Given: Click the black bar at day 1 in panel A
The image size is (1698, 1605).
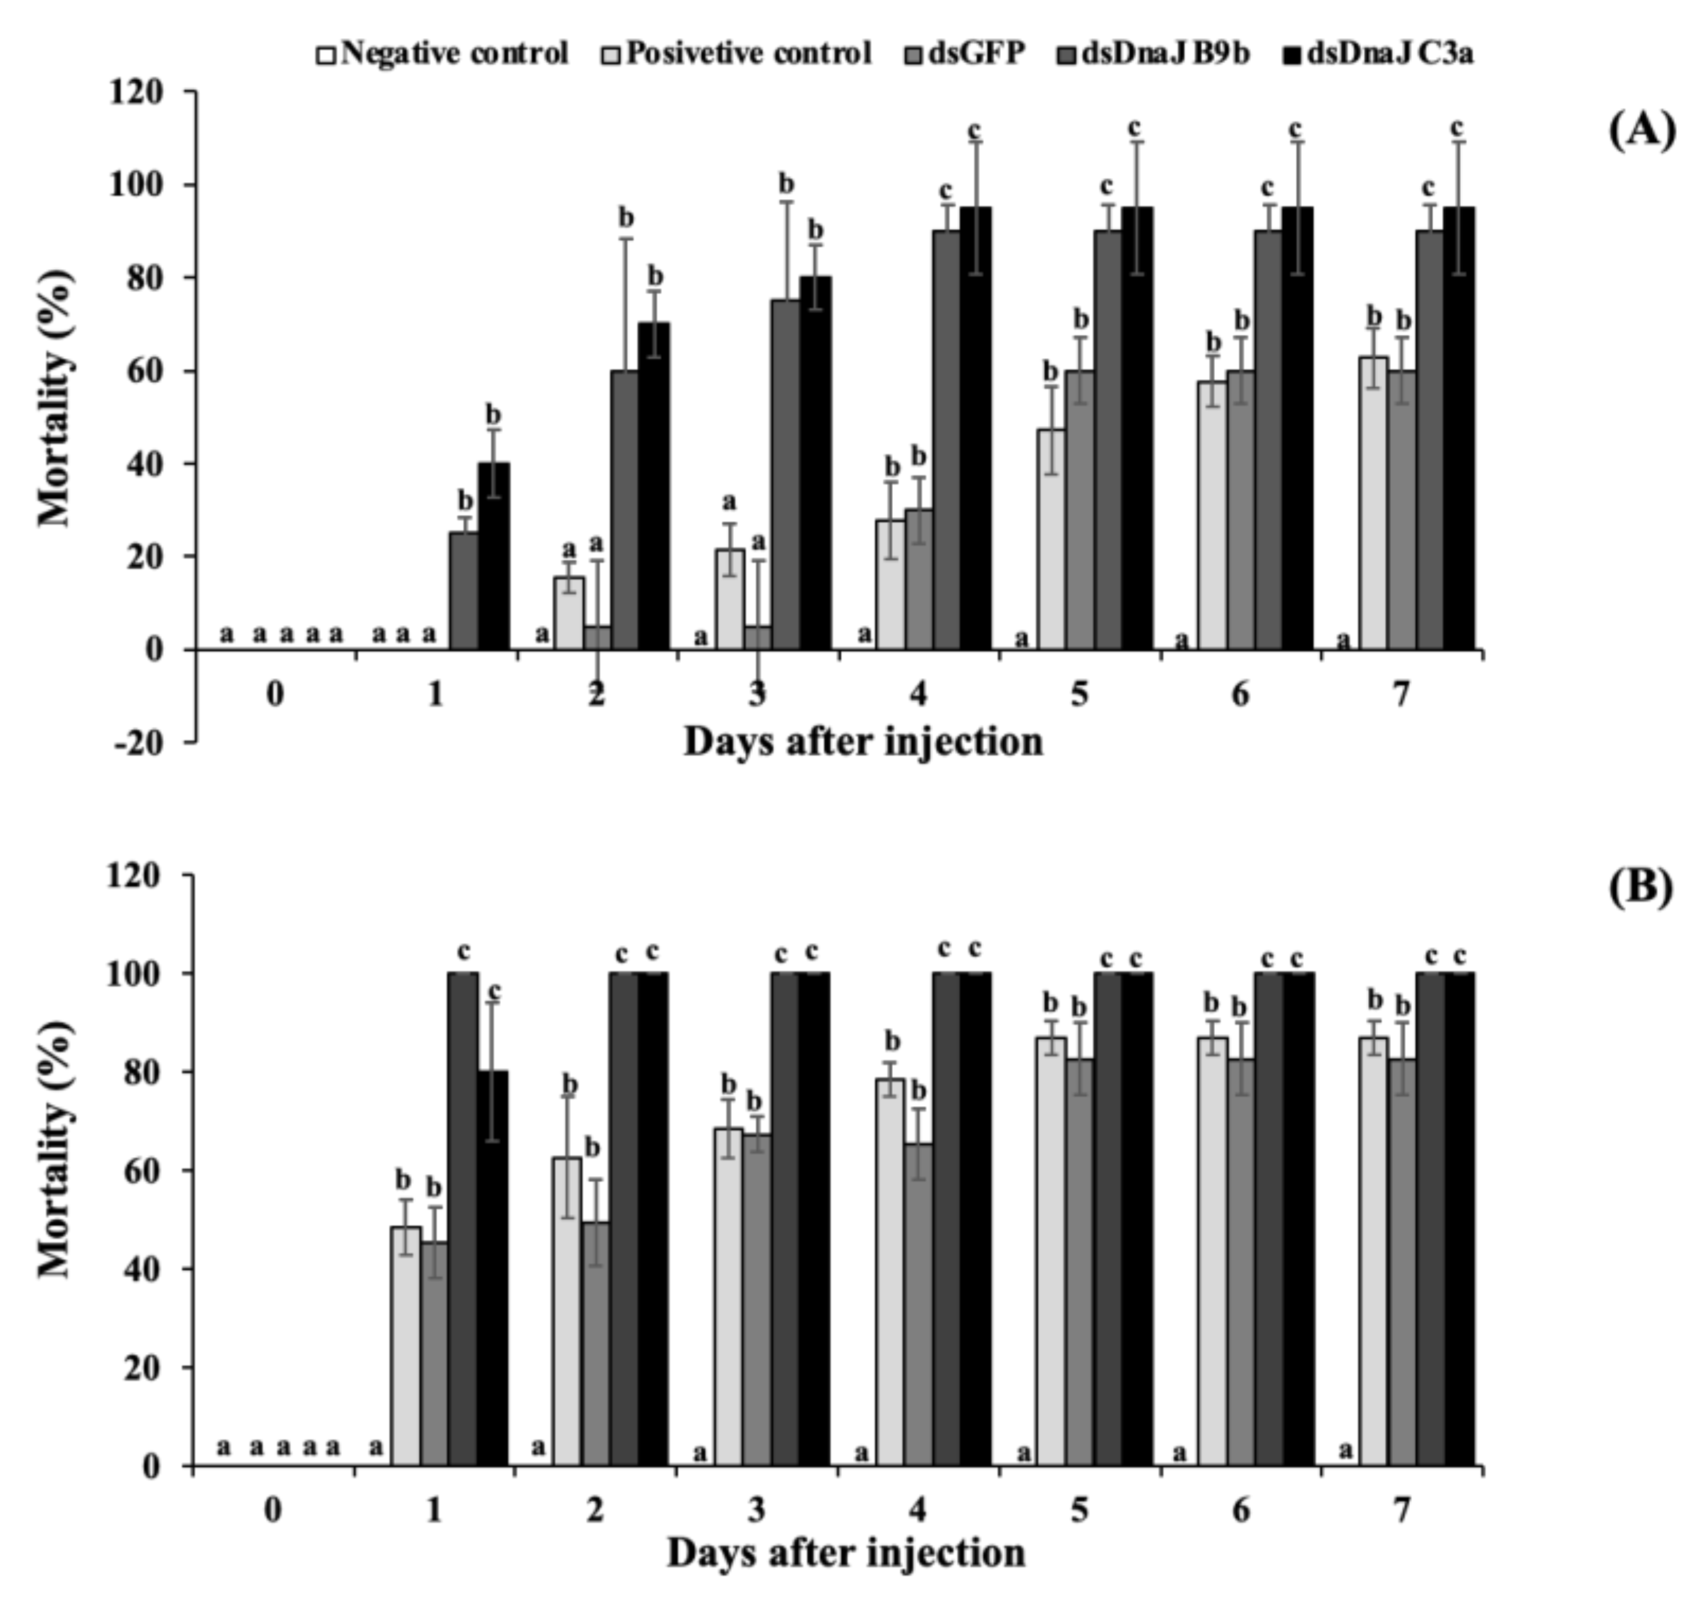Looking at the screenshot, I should click(x=494, y=556).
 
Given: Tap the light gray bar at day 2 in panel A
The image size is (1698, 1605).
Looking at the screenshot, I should click(x=569, y=612).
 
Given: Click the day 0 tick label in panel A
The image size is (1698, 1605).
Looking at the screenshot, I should click(x=275, y=694).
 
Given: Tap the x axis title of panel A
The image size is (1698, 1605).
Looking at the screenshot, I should click(x=862, y=742).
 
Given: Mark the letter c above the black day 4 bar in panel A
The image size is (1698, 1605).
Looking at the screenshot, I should click(x=974, y=130).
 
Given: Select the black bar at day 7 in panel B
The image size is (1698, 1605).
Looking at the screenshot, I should click(x=1459, y=1219).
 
